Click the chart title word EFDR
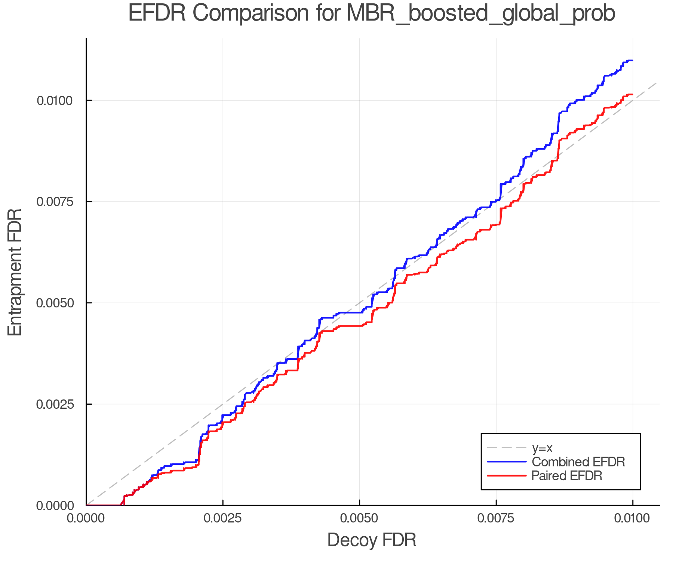pos(157,13)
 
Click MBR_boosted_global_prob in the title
pos(480,13)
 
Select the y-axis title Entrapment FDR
pos(15,272)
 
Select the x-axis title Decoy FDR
pos(372,540)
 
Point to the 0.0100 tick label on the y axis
pos(55,101)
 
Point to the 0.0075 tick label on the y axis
pos(55,202)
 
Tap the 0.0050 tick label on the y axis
pos(55,303)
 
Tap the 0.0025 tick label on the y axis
pos(55,404)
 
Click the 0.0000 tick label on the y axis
pos(55,506)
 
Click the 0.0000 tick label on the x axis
pos(86,518)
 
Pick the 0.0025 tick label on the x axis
pos(223,518)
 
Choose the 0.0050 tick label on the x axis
pos(359,518)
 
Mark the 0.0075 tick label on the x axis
pos(496,518)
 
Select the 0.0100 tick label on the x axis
pos(633,518)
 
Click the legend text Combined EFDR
pos(578,462)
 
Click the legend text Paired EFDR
pos(567,476)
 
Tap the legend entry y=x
pos(542,448)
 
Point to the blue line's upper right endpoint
pos(632,60)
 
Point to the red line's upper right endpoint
pos(632,94)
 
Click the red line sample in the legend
pos(507,476)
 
